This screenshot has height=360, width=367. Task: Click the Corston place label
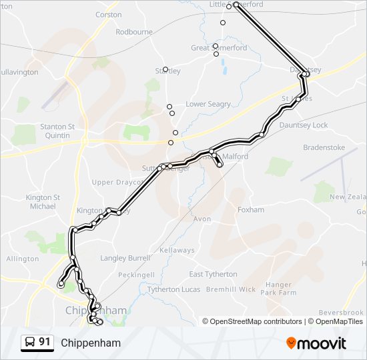pos(108,15)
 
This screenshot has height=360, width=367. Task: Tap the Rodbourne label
pos(133,32)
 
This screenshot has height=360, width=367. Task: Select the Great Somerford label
pos(219,48)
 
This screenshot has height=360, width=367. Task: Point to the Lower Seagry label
pos(208,104)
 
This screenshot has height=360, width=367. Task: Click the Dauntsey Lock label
pos(304,125)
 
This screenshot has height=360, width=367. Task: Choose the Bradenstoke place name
pos(323,147)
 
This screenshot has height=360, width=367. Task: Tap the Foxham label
pos(251,210)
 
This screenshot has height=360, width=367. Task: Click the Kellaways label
pos(177,251)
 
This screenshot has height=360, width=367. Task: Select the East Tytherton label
pos(213,274)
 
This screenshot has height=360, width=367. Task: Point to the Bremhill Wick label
pos(231,290)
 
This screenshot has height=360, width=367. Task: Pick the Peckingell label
pos(136,275)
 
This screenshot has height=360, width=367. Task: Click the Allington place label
pos(23,259)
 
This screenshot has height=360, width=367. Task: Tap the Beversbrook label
pos(340,313)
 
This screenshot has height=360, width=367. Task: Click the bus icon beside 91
pos(30,342)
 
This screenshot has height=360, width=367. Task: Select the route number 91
pos(45,342)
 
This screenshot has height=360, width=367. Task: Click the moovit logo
pos(316,343)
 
